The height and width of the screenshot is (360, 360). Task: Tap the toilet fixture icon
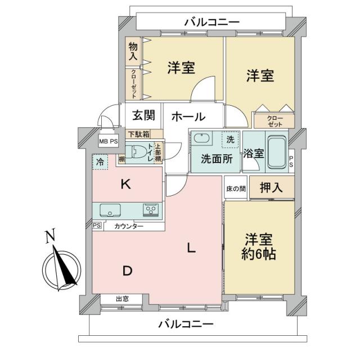tap(136, 152)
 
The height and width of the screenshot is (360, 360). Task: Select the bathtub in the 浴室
tap(276, 152)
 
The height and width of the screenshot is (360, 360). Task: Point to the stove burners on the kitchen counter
tap(151, 210)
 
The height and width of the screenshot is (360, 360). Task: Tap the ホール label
tap(188, 116)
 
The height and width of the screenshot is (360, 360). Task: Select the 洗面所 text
tap(217, 159)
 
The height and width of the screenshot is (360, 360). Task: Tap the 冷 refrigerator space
tap(100, 162)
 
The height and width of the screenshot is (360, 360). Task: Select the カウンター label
tap(129, 226)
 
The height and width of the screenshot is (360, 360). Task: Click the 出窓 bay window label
tap(122, 299)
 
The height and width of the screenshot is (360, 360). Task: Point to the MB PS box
tap(109, 142)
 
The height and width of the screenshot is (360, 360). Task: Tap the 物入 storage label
tap(133, 52)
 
